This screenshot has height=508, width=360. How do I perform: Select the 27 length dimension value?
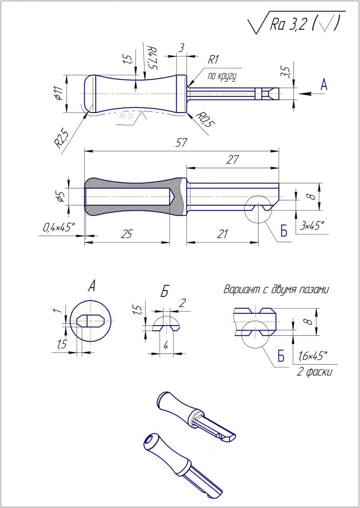pos(233,160)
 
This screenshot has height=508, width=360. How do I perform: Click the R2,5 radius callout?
pos(61,137)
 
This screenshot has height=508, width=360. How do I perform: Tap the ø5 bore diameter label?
pos(61,196)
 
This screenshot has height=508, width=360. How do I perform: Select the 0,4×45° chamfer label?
pos(58,227)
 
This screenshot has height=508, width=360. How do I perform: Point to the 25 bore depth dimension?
pos(126,234)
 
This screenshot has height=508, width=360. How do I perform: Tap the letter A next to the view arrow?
pos(324,86)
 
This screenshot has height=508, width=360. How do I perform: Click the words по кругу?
pos(221,77)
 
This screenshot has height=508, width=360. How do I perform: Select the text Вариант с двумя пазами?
pos(276,290)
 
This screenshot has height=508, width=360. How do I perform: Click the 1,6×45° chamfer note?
pos(313,356)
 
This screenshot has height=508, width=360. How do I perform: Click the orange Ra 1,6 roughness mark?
pos(126,116)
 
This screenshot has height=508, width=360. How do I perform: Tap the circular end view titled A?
pos(91,320)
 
